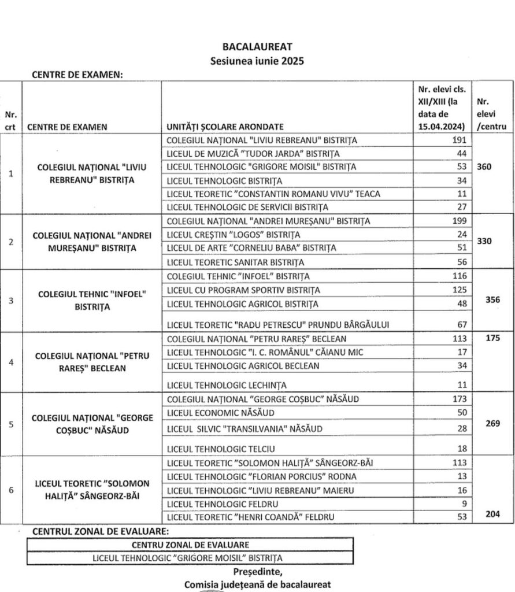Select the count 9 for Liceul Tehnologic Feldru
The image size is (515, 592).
[x=462, y=503]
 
